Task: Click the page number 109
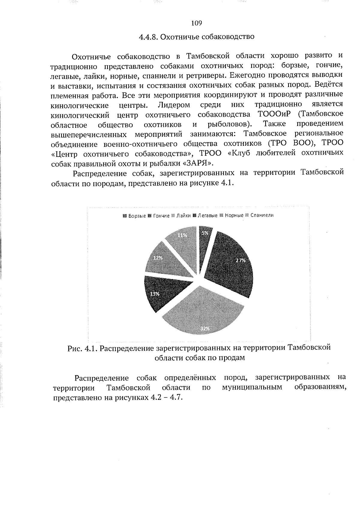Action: [196, 23]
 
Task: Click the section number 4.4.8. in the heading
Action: [148, 37]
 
